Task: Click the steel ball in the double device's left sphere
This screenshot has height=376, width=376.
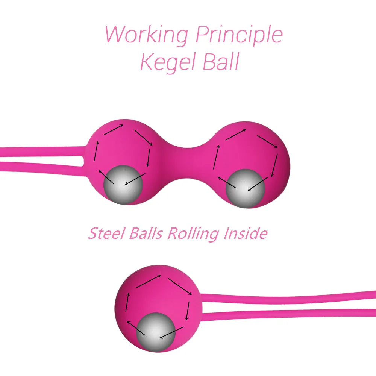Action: (123, 184)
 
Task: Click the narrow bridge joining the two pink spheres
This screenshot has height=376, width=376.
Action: (186, 162)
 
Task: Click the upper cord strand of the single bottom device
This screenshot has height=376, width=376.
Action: (290, 297)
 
